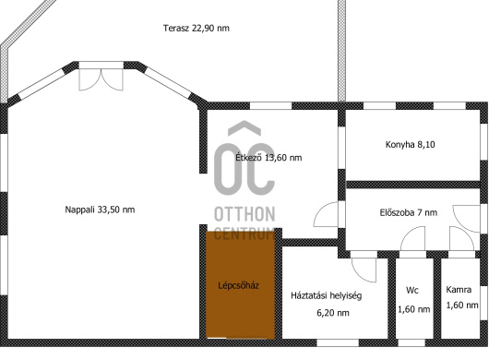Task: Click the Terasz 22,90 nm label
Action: coord(197,28)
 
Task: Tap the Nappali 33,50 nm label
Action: coord(100,210)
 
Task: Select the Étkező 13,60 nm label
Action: coord(268,157)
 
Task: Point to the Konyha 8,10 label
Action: coord(410,144)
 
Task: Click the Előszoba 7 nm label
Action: coord(409,212)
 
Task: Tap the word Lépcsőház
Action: coord(239,285)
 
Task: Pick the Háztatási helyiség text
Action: coord(327,295)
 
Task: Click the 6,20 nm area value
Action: coord(333,313)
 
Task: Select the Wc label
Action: coord(412,290)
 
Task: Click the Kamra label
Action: coord(459,290)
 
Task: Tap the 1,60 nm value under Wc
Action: coord(414,309)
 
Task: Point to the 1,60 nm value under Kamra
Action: coord(462,305)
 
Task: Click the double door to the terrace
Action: coord(101,79)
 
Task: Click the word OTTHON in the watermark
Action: coord(244,214)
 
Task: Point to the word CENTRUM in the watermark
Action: coord(244,234)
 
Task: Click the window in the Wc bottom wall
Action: coord(411,342)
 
